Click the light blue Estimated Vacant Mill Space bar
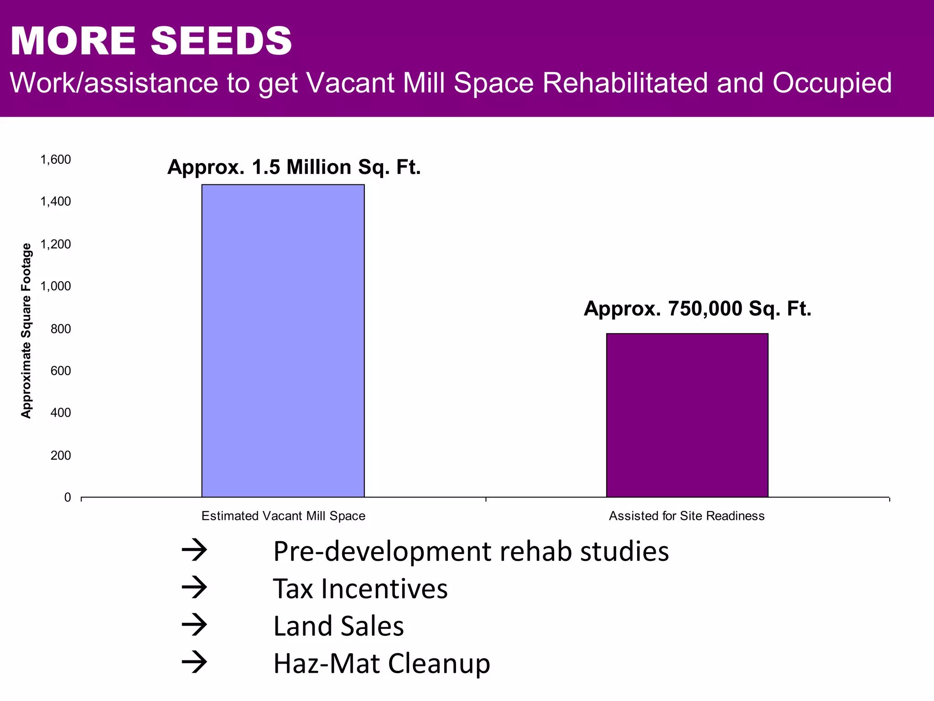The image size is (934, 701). (283, 340)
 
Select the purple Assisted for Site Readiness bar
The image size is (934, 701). (687, 415)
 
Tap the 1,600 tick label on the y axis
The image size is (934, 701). (56, 160)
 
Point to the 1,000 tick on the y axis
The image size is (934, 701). (56, 286)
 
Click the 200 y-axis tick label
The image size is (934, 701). (61, 455)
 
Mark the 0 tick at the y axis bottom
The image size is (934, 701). (67, 497)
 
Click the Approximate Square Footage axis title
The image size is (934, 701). (26, 330)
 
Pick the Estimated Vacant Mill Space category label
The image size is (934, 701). (283, 516)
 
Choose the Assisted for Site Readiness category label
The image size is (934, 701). (686, 516)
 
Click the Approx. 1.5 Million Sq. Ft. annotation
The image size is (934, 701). (294, 167)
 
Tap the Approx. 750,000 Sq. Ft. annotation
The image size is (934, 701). (697, 309)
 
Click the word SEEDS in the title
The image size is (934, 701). (221, 41)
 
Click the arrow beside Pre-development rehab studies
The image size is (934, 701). (194, 551)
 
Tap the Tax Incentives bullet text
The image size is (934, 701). (360, 589)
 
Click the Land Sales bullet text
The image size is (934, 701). (338, 626)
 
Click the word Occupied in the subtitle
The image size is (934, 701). (832, 83)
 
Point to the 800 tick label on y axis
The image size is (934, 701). (61, 329)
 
